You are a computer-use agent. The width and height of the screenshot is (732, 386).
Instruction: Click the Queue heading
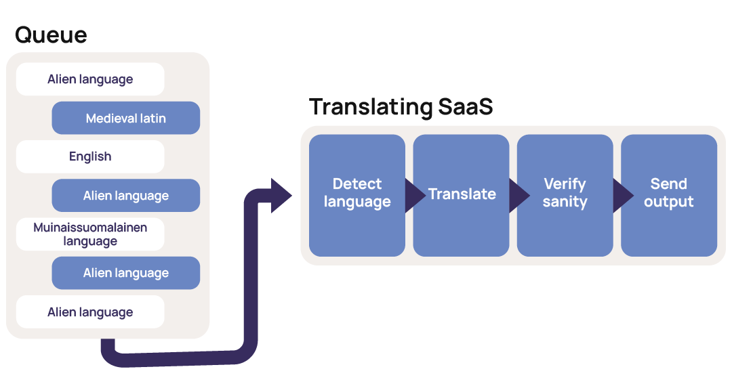click(x=51, y=35)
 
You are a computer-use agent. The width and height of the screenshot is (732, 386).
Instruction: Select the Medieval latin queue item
click(x=126, y=119)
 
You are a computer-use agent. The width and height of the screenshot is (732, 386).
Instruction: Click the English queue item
click(x=90, y=156)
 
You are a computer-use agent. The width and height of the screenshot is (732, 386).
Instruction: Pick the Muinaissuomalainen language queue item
click(x=90, y=234)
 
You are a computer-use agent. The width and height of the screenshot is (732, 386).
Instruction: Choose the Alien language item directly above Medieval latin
click(x=90, y=79)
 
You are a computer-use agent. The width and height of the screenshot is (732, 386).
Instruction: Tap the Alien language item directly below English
click(x=126, y=196)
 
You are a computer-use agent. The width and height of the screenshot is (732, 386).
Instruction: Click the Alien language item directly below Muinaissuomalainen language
click(x=126, y=273)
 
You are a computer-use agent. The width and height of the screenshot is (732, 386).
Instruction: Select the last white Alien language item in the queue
click(x=90, y=312)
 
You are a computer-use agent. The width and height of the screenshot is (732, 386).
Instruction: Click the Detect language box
click(x=357, y=195)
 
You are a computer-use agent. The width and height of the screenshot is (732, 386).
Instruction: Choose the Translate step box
click(x=462, y=195)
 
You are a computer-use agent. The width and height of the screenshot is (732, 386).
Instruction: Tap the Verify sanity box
click(x=565, y=195)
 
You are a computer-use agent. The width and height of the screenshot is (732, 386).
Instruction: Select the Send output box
click(x=669, y=195)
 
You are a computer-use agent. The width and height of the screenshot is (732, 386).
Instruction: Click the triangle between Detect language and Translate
click(x=413, y=196)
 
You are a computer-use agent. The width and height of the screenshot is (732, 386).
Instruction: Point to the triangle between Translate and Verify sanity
click(x=518, y=196)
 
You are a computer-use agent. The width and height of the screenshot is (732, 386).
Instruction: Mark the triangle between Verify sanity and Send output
click(x=622, y=196)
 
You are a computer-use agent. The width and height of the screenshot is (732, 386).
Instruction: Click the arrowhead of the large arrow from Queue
click(x=281, y=196)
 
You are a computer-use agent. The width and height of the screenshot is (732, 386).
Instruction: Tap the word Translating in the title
click(x=371, y=107)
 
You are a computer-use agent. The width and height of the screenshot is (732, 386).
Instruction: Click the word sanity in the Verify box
click(x=565, y=202)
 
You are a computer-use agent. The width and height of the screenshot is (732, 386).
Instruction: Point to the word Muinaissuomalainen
click(x=90, y=228)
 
